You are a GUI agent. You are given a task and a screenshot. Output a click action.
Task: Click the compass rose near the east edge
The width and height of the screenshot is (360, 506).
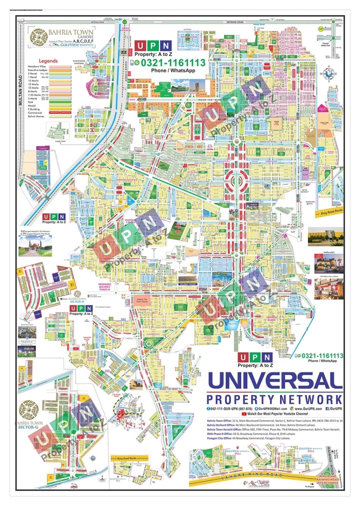click(328, 74)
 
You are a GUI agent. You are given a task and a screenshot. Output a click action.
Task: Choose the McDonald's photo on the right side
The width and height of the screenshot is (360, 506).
click(325, 264)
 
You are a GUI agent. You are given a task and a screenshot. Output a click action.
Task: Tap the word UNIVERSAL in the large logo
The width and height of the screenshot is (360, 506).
click(275, 380)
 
